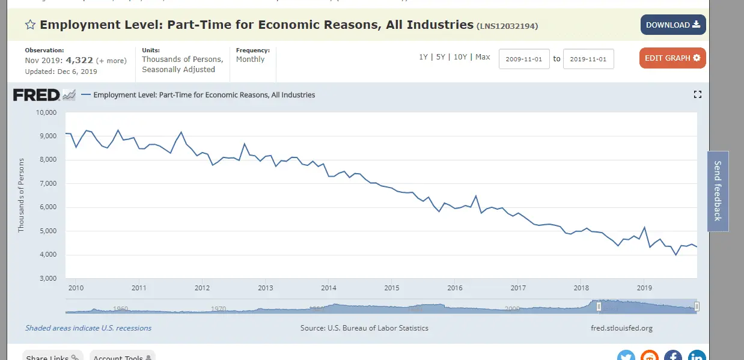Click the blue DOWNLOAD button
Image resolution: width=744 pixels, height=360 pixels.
(x=672, y=25)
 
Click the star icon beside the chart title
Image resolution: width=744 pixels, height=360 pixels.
(x=30, y=25)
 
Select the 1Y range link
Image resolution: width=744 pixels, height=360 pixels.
(x=424, y=57)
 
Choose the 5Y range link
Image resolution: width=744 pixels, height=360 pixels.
(x=441, y=57)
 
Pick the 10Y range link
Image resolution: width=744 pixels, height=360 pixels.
(x=460, y=57)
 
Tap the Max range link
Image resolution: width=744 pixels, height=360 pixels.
(x=483, y=57)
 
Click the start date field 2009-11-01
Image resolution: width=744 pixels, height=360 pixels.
(x=524, y=59)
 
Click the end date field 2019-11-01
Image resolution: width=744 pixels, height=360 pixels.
(x=588, y=59)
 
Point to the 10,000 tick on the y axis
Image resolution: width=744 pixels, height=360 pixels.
(x=46, y=112)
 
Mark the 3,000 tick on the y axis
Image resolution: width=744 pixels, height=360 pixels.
(x=47, y=279)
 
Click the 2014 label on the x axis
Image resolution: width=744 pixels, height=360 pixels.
(x=328, y=288)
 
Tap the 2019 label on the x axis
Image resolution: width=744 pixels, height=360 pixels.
(x=644, y=288)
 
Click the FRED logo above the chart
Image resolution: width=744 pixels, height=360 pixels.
(x=36, y=95)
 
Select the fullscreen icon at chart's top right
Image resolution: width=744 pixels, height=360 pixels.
(x=697, y=94)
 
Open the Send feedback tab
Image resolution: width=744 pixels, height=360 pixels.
(x=718, y=191)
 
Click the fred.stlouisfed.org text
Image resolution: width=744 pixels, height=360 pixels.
(x=622, y=328)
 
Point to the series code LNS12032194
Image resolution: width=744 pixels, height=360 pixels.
(x=507, y=26)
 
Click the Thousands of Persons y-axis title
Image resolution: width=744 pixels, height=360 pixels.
(x=22, y=195)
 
